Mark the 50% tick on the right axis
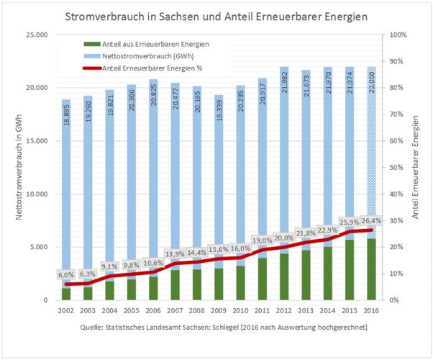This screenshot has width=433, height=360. coord(396,168)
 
